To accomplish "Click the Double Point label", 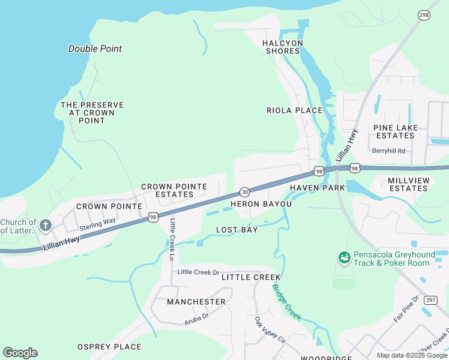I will (x=95, y=49).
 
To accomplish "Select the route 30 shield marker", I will (x=244, y=192).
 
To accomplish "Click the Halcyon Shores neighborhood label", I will (x=283, y=47).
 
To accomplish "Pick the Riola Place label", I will (x=295, y=110).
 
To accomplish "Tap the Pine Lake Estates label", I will (x=394, y=131).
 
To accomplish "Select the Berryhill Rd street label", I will (x=388, y=151).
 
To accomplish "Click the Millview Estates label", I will (x=417, y=184).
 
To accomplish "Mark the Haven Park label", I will (x=317, y=188).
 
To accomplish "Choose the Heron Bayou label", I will (x=261, y=204).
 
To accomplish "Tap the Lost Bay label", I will (x=237, y=230).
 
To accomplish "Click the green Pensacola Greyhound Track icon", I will (x=345, y=257).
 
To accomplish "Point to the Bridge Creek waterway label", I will (x=286, y=301).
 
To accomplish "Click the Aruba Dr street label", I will (x=196, y=316).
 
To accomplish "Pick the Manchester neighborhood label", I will (x=196, y=301).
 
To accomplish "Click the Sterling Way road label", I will (x=97, y=224).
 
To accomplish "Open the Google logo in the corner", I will (x=20, y=353).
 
